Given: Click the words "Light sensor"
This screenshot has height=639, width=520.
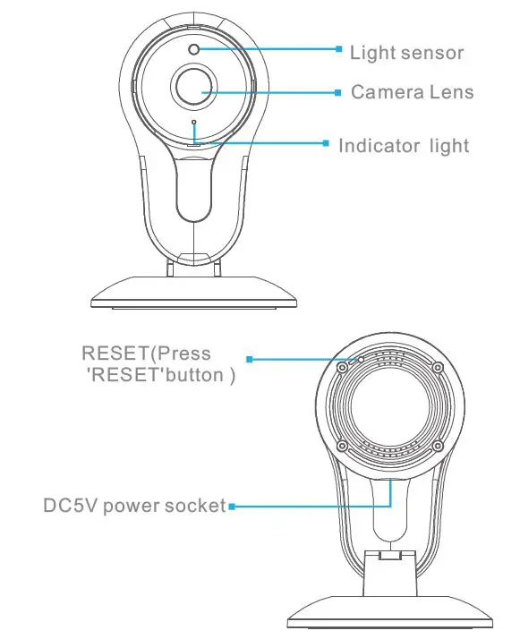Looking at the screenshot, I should pos(406,53).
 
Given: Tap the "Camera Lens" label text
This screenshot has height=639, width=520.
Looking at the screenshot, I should pos(412,92).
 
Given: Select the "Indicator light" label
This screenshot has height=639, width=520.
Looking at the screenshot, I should pos(403,145).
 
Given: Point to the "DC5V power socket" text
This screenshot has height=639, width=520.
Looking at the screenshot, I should pos(134,506).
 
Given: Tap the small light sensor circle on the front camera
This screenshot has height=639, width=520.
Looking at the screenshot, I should pos(194,48).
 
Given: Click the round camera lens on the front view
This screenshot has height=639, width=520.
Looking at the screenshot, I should pos(194,88).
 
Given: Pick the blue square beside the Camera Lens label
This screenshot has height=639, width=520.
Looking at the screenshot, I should pos(338,90).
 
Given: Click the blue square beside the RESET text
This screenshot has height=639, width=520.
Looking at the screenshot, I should pos(251,360).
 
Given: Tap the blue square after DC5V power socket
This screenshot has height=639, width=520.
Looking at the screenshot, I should pos(231,507).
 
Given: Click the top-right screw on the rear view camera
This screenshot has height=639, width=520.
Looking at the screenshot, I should pos(437,368).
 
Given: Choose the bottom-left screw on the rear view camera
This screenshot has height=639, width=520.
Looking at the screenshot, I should pos(342,446).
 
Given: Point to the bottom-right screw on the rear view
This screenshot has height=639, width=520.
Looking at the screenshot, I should pos(437,446).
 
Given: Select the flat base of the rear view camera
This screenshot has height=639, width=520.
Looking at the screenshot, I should pos(389,613).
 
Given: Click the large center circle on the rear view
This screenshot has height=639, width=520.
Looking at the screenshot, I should pos(389,406).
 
